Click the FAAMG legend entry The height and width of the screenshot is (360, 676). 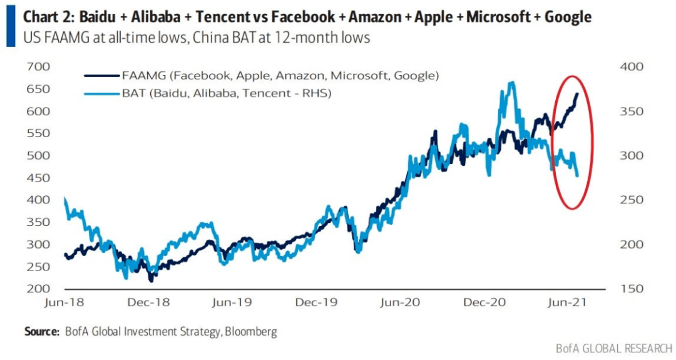(x=262, y=76)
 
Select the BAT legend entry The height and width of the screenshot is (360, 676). (x=208, y=93)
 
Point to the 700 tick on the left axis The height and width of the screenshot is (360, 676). (x=38, y=66)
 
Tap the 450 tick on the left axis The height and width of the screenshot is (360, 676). (x=38, y=178)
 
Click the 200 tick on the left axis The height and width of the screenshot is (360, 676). (x=38, y=289)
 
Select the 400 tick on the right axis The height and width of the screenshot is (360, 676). (x=632, y=66)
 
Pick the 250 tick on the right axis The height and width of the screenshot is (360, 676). (x=632, y=200)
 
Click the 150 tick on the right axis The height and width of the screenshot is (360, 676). (x=632, y=289)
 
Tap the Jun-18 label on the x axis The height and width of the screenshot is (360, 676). (x=64, y=302)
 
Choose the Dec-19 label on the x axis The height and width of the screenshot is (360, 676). (x=317, y=302)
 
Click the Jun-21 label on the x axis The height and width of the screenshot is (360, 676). (x=567, y=302)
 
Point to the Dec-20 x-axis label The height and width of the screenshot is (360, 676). (x=484, y=302)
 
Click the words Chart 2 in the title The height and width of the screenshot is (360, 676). (x=49, y=17)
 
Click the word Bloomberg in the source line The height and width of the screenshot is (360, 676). (x=251, y=332)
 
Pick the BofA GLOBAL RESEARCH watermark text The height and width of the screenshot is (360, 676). (x=614, y=348)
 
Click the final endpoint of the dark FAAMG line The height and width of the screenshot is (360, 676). (x=577, y=93)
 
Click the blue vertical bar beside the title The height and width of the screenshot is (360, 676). (x=11, y=26)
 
